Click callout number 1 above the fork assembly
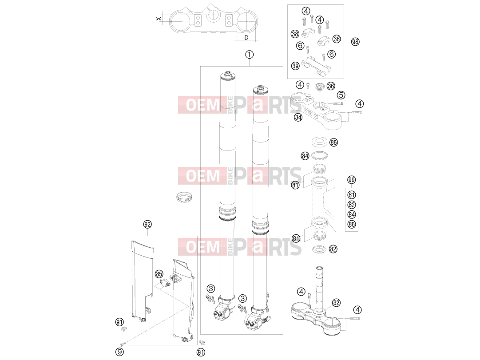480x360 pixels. pyautogui.click(x=249, y=55)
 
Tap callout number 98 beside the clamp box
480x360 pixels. pyautogui.click(x=355, y=42)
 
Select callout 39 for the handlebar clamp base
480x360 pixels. pyautogui.click(x=295, y=66)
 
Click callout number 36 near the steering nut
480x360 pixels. pyautogui.click(x=331, y=86)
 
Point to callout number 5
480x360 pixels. pyautogui.click(x=341, y=95)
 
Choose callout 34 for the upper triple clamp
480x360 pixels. pyautogui.click(x=298, y=117)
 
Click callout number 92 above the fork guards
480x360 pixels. pyautogui.click(x=147, y=224)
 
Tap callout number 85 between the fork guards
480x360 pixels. pyautogui.click(x=159, y=274)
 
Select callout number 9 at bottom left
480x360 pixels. pyautogui.click(x=119, y=352)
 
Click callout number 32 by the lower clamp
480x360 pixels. pyautogui.click(x=336, y=303)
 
